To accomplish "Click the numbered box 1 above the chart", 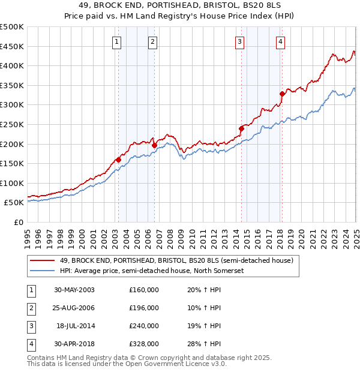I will [116, 41].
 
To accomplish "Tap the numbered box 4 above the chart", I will [280, 41].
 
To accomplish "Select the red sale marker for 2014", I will [241, 128].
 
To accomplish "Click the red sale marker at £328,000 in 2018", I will [282, 94].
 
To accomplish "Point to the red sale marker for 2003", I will [118, 160].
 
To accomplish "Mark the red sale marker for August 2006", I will [154, 145].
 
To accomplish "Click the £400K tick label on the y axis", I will [11, 65].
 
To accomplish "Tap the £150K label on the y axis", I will [11, 163].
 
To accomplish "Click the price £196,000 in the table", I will [144, 308].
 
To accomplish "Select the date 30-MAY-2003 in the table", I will [74, 290].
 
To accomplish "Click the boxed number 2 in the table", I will [31, 308].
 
